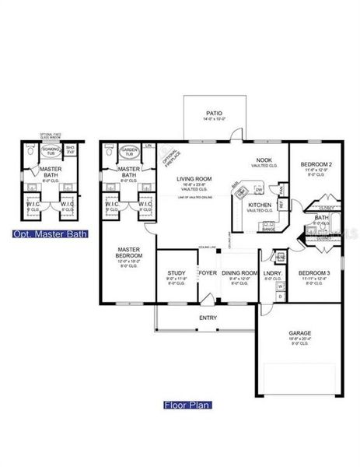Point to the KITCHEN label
pyautogui.click(x=260, y=205)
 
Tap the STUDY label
pyautogui.click(x=176, y=273)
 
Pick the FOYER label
pyautogui.click(x=208, y=273)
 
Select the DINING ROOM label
pyautogui.click(x=239, y=273)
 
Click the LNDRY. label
pyautogui.click(x=272, y=273)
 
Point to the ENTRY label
pyautogui.click(x=208, y=318)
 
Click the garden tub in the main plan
pyautogui.click(x=129, y=150)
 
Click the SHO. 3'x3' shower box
pyautogui.click(x=70, y=150)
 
